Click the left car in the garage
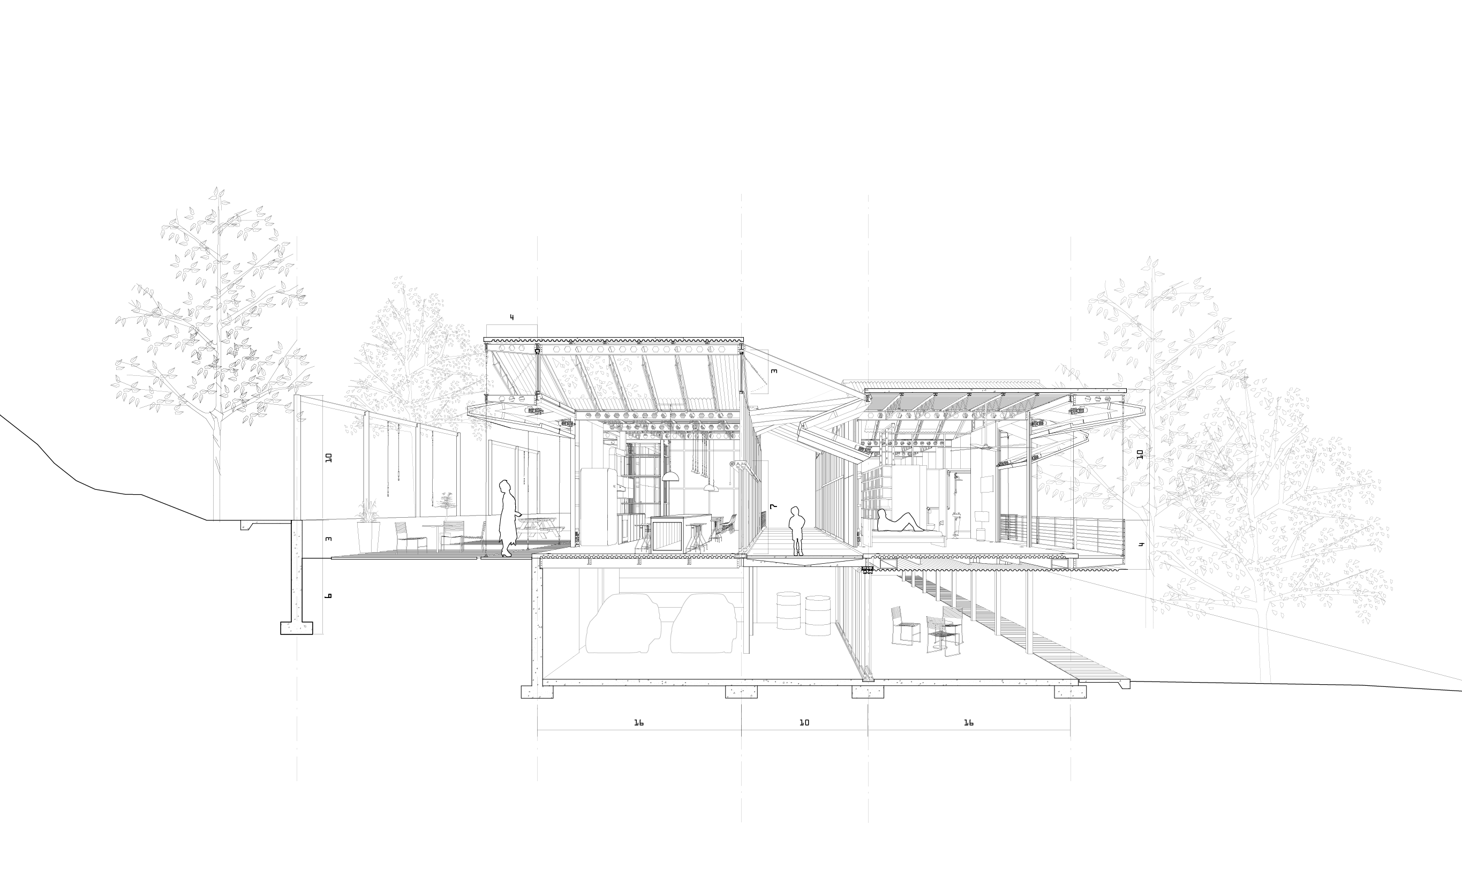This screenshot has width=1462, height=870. tap(623, 623)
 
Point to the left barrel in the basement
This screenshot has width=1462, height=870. tap(789, 610)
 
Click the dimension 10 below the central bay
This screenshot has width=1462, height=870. tap(804, 723)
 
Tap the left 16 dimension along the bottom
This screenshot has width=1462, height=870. tap(639, 723)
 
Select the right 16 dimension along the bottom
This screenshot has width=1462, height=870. tap(968, 723)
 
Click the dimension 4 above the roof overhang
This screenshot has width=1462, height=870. tap(511, 317)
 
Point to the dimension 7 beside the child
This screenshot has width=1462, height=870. tap(773, 506)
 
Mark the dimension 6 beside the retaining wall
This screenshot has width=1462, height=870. tap(328, 596)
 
